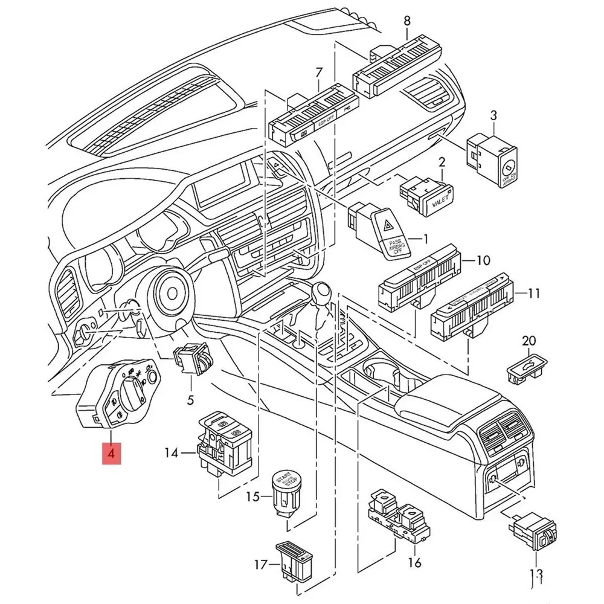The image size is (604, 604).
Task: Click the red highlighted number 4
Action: [111, 452]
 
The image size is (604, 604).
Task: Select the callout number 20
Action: [529, 341]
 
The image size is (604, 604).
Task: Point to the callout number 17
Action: [260, 566]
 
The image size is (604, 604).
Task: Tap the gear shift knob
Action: [320, 297]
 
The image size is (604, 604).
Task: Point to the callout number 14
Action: [172, 452]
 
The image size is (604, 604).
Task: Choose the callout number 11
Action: [533, 295]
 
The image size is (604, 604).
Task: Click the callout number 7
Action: [319, 73]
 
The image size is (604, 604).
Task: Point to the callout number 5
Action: [191, 399]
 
